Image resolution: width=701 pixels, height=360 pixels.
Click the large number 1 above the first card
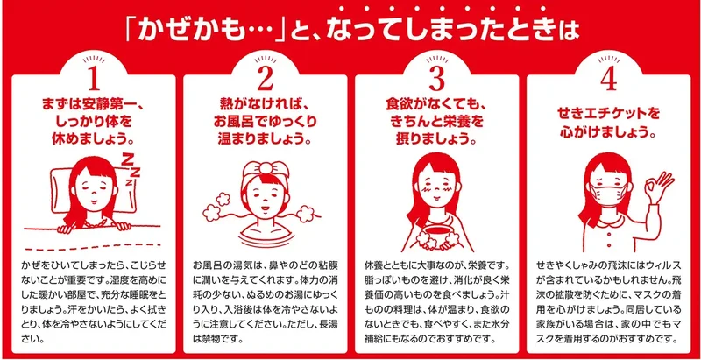point(94,81)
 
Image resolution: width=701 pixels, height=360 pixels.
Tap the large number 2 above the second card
point(266,81)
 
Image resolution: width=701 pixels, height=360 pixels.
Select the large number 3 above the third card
point(436,81)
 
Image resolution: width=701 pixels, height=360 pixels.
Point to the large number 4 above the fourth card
point(608,81)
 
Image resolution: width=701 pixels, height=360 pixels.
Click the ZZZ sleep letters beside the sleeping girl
point(131,170)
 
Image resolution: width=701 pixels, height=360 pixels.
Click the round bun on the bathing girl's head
point(266,167)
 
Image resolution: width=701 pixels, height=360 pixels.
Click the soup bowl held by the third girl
point(436,236)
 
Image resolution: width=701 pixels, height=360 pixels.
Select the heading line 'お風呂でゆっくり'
point(266,121)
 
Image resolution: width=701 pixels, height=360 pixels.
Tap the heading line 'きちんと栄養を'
point(436,121)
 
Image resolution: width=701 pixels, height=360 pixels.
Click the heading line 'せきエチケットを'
point(608,113)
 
